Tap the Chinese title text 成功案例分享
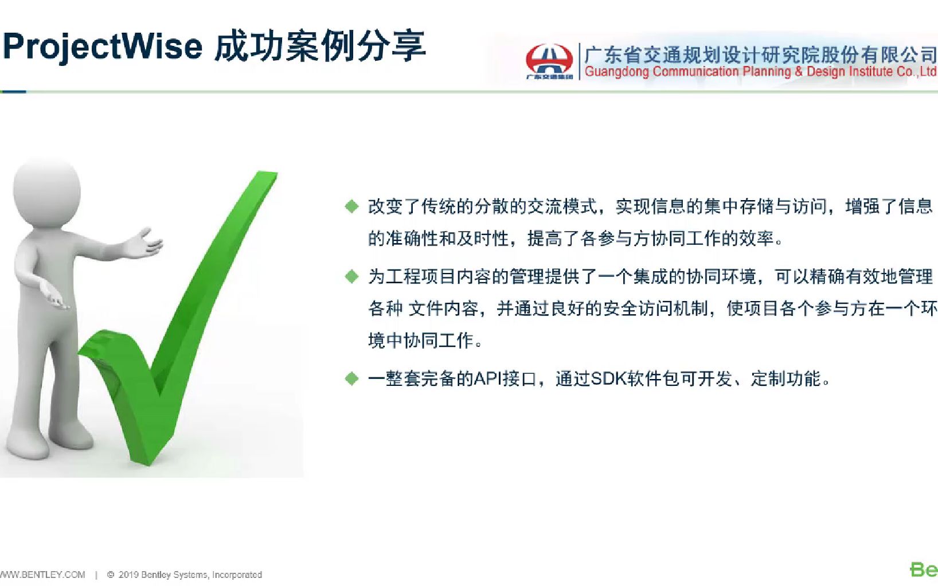point(320,46)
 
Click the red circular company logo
point(549,60)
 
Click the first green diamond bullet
point(351,206)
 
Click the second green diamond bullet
point(351,277)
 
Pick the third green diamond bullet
point(351,378)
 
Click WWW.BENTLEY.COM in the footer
point(42,575)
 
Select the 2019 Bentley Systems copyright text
point(189,575)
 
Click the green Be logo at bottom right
point(923,570)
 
